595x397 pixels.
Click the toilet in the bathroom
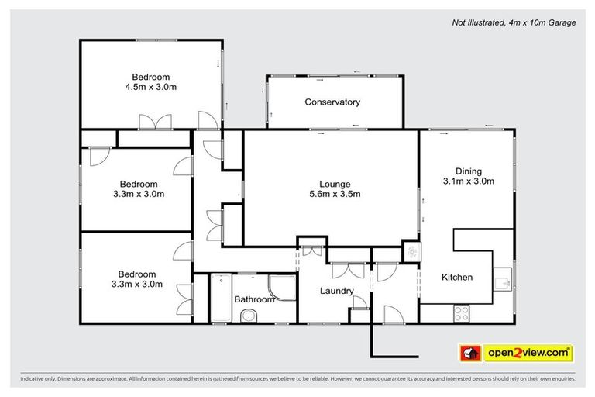click(249, 314)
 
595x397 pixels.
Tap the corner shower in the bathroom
click(282, 287)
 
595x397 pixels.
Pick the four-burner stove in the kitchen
click(462, 314)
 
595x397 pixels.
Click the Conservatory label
click(332, 102)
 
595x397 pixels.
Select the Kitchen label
click(457, 277)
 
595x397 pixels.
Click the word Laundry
click(337, 292)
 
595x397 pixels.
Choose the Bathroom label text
click(254, 299)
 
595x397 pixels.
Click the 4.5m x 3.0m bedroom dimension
click(150, 88)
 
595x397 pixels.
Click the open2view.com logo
click(528, 354)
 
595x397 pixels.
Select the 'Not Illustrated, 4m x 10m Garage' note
click(514, 23)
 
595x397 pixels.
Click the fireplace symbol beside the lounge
click(411, 252)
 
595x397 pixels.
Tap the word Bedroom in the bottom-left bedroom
click(137, 274)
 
